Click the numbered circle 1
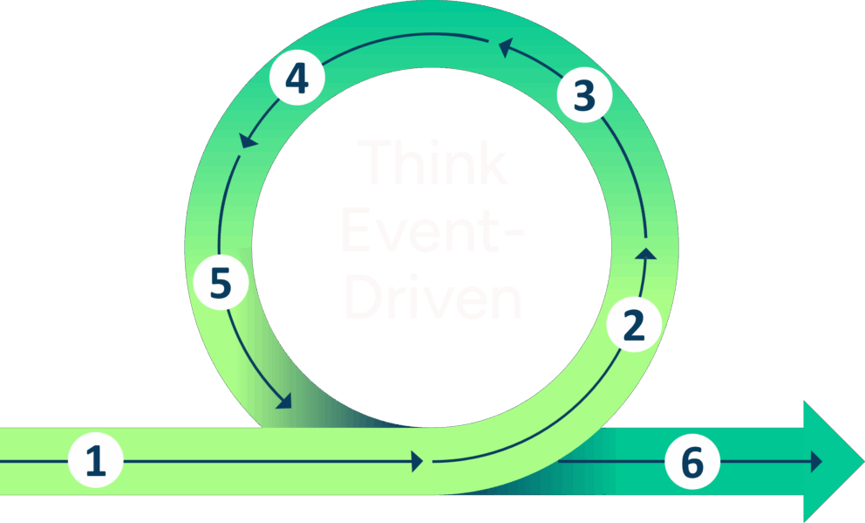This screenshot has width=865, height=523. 96,459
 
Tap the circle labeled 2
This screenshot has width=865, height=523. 634,325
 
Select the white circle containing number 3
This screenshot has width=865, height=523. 584,96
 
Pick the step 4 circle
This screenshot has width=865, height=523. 296,79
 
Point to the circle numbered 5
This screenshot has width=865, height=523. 221,285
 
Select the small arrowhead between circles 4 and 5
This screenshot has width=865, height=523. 248,140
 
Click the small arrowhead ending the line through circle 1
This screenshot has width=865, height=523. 416,460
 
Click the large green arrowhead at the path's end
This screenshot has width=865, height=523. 833,461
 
